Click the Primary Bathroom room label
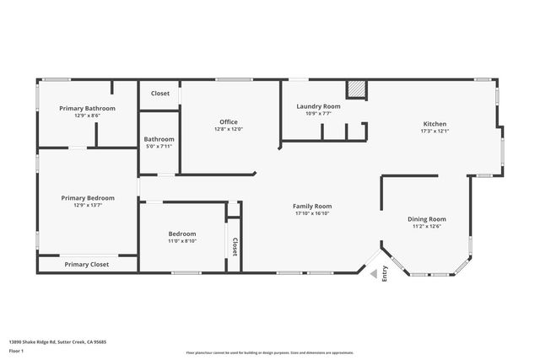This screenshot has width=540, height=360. tap(88, 108)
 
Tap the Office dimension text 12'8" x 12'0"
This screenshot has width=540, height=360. tap(228, 129)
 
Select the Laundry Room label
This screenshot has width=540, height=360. tap(318, 106)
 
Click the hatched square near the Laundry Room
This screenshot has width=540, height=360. tap(357, 89)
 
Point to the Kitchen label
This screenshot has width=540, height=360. tap(435, 123)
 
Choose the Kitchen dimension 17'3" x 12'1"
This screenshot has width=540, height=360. tap(435, 131)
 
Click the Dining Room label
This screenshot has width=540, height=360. tap(427, 218)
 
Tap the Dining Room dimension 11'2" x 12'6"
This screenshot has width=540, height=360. tap(427, 226)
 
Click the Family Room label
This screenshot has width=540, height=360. tap(312, 206)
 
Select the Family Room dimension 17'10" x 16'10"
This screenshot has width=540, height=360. tap(312, 213)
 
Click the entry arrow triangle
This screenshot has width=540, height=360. tap(372, 272)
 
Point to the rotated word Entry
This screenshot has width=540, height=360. tap(385, 273)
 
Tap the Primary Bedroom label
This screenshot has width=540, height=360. tap(88, 197)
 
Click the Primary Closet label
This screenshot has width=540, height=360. tap(87, 265)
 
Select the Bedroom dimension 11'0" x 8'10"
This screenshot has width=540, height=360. tap(181, 241)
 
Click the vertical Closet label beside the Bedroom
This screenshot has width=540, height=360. tap(235, 245)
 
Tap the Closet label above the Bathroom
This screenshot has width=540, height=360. tap(159, 94)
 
